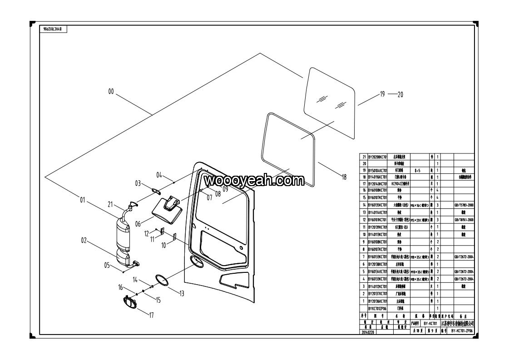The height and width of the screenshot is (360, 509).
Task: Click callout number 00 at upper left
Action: (111, 92)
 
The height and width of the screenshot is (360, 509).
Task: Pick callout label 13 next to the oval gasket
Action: (182, 294)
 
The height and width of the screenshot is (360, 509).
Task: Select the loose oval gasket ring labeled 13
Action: (160, 279)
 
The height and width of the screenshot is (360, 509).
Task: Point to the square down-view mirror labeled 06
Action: (166, 210)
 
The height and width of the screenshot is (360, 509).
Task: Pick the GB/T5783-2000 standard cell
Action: (463, 206)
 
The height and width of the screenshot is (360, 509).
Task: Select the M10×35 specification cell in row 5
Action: (420, 271)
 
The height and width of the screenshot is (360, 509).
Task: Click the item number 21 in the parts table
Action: (364, 157)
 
